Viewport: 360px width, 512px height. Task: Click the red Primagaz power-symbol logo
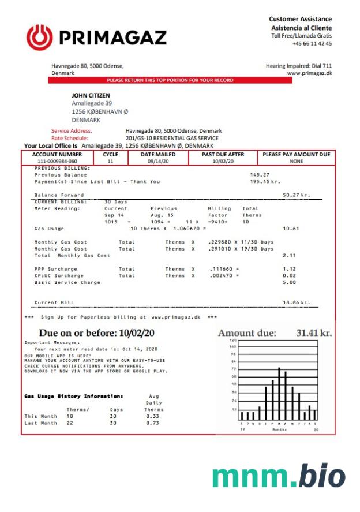(39, 38)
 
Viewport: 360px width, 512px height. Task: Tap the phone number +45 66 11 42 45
(312, 44)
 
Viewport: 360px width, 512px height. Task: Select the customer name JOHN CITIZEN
(91, 95)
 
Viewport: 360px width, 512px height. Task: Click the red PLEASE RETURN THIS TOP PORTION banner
(170, 80)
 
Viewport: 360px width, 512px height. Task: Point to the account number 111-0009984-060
(57, 162)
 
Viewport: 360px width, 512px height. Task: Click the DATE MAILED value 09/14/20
(157, 162)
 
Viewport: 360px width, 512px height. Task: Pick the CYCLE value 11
(110, 162)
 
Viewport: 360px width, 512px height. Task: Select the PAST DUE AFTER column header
(223, 155)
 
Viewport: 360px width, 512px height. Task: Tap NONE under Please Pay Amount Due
(297, 162)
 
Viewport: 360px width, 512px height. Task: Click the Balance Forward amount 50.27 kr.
(296, 195)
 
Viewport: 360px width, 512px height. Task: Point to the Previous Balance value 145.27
(260, 175)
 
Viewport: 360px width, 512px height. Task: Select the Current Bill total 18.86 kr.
(296, 302)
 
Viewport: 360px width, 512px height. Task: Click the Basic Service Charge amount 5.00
(289, 282)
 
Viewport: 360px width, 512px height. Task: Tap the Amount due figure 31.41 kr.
(314, 333)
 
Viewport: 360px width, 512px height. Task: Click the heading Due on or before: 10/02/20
(96, 333)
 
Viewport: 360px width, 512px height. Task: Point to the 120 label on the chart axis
(233, 340)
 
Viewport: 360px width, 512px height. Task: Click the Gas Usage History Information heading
(74, 397)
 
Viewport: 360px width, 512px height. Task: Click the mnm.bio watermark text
(279, 477)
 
